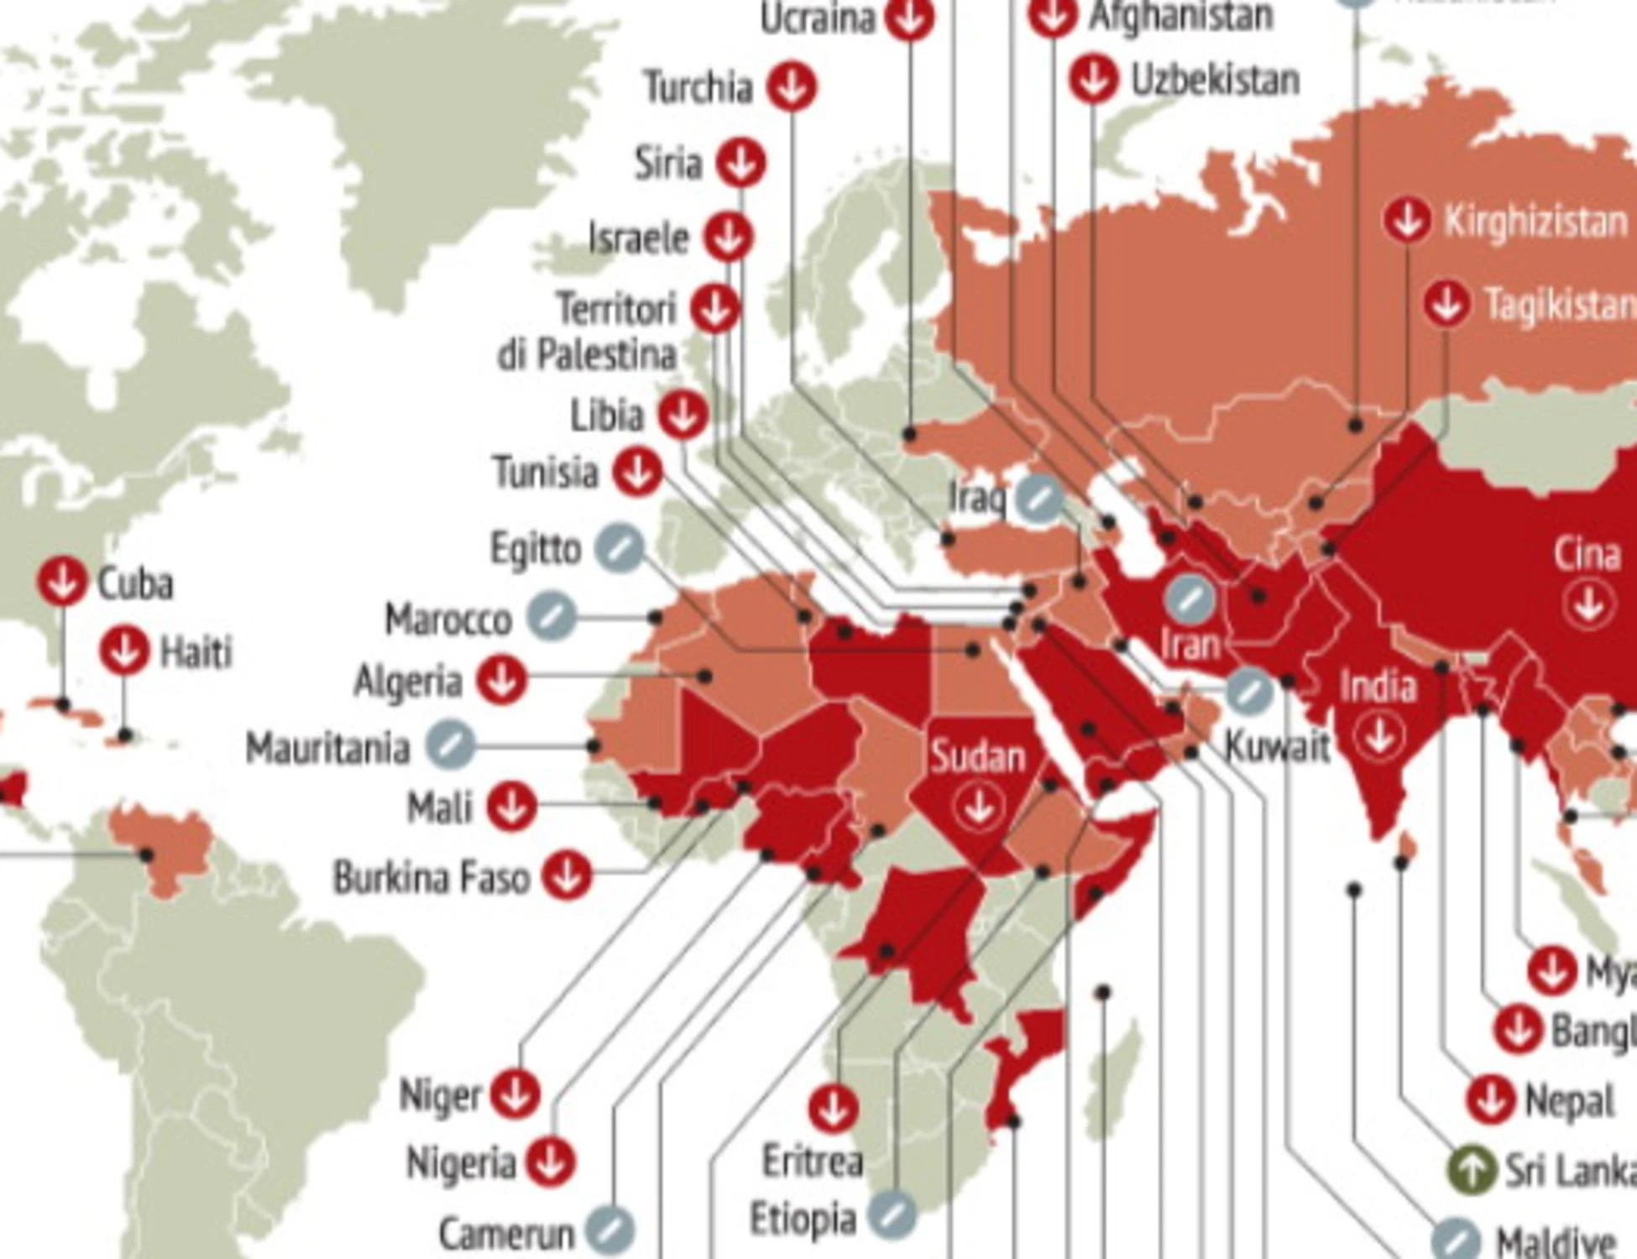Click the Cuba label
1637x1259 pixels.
[135, 584]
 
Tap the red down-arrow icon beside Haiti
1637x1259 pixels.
[124, 650]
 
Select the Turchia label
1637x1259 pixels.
[698, 87]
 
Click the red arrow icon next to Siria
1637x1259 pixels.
[740, 163]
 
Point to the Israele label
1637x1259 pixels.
[639, 238]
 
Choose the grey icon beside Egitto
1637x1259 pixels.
[620, 549]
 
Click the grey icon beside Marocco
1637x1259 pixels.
[552, 617]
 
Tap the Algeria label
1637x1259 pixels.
[408, 681]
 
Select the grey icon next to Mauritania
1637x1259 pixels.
[450, 745]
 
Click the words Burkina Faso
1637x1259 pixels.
[431, 878]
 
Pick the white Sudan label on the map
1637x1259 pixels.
[978, 757]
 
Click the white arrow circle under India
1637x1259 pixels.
[1378, 736]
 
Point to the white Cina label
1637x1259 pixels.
[1587, 555]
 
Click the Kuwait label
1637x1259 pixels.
[1277, 746]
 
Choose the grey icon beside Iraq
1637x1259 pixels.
[1039, 498]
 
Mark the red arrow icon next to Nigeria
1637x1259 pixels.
[551, 1162]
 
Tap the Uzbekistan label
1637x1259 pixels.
[1215, 81]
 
